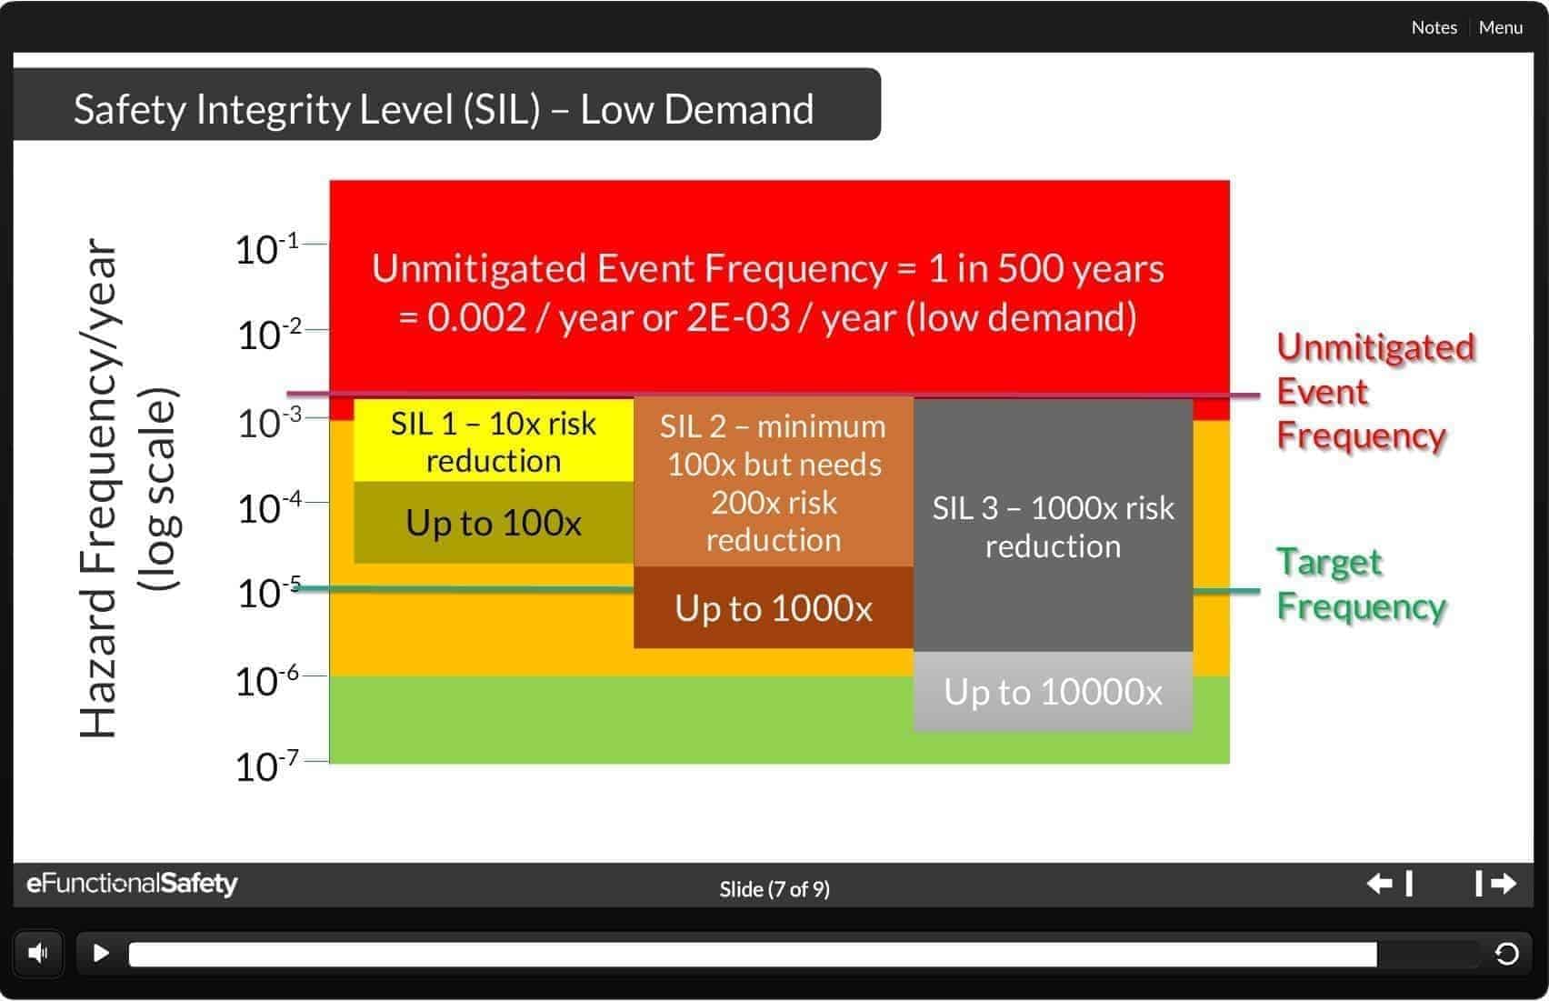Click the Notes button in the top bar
click(x=1434, y=27)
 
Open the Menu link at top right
click(x=1500, y=27)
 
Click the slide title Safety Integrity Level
click(x=443, y=109)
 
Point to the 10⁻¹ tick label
click(x=266, y=249)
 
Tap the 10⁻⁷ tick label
click(x=266, y=766)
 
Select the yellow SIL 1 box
click(x=493, y=441)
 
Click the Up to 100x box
click(x=493, y=523)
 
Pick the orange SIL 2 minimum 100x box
click(x=773, y=482)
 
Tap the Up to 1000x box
click(x=773, y=608)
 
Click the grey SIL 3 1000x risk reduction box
click(x=1053, y=526)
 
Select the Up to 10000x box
click(x=1053, y=692)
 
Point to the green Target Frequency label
click(x=1359, y=584)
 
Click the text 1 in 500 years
click(x=1045, y=269)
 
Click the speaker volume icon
click(x=38, y=953)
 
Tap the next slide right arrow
click(x=1496, y=883)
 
